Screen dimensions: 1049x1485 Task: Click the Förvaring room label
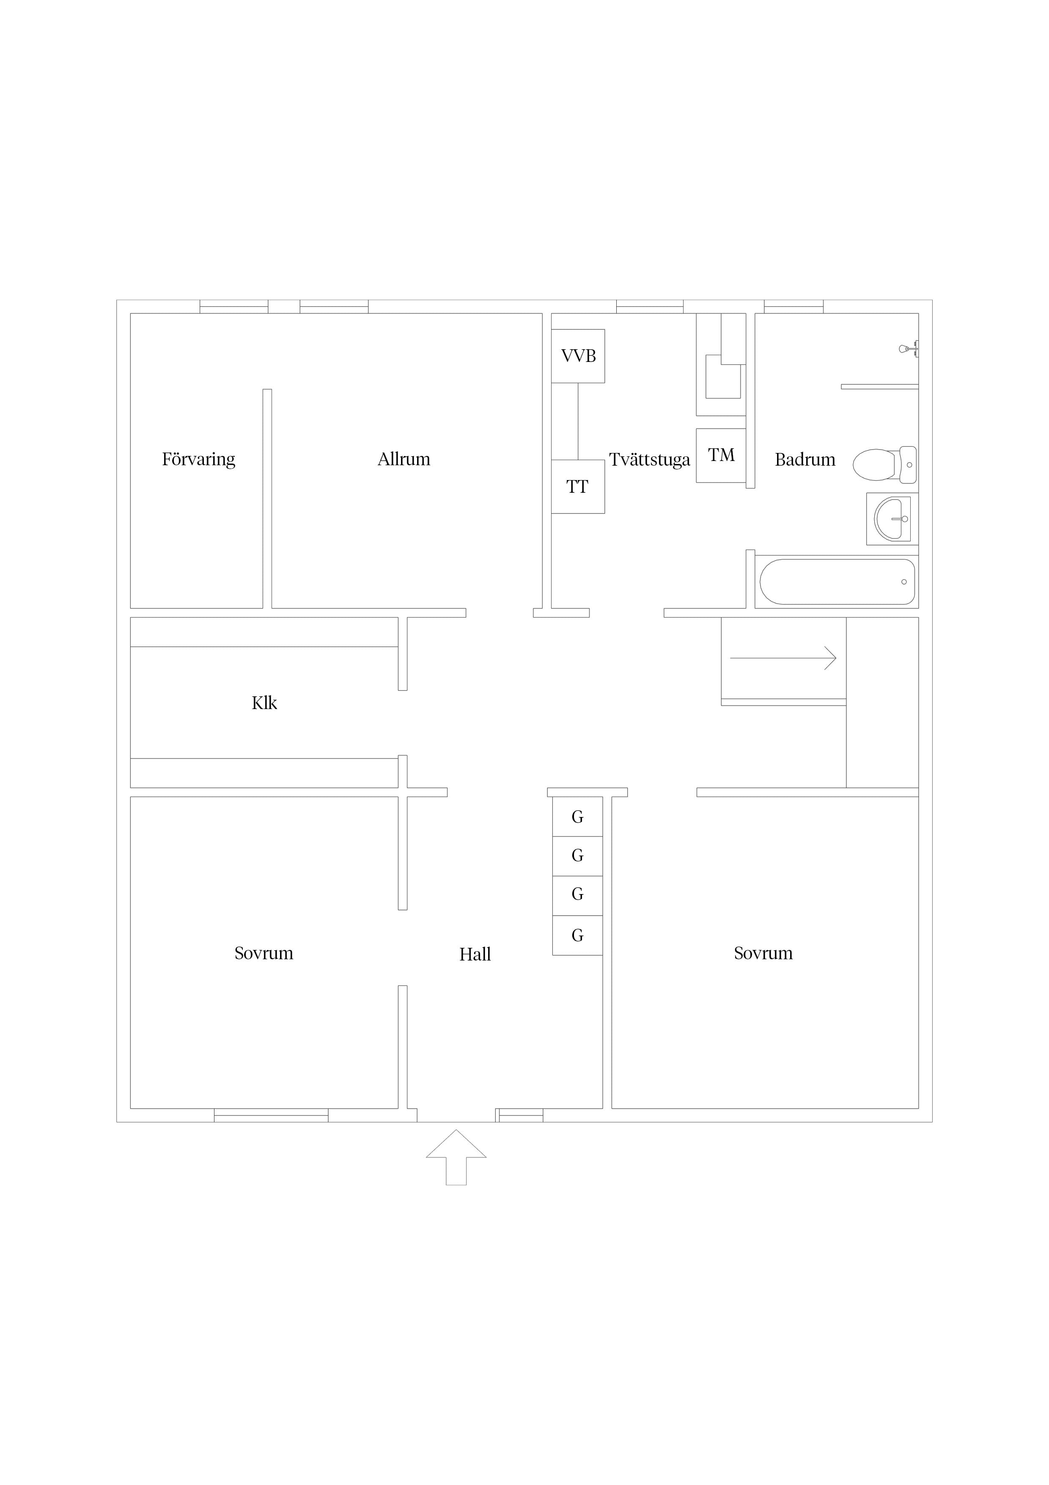pyautogui.click(x=198, y=459)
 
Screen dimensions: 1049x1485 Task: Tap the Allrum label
pyautogui.click(x=404, y=459)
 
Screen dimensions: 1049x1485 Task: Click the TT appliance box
pyautogui.click(x=578, y=486)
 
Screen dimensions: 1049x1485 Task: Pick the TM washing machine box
pyautogui.click(x=721, y=455)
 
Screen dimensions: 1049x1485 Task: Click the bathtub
pyautogui.click(x=837, y=582)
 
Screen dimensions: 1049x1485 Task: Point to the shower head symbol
pyautogui.click(x=908, y=349)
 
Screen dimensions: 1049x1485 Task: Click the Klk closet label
pyautogui.click(x=264, y=703)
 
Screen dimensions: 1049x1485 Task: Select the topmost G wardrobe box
pyautogui.click(x=578, y=817)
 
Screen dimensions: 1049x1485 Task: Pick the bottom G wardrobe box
pyautogui.click(x=578, y=935)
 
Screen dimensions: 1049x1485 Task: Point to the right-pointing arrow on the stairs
pyautogui.click(x=783, y=658)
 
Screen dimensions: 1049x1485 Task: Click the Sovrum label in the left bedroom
pyautogui.click(x=264, y=953)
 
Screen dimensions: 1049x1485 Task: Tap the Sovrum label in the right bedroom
pyautogui.click(x=763, y=953)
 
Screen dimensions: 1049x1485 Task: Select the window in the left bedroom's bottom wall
pyautogui.click(x=272, y=1115)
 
